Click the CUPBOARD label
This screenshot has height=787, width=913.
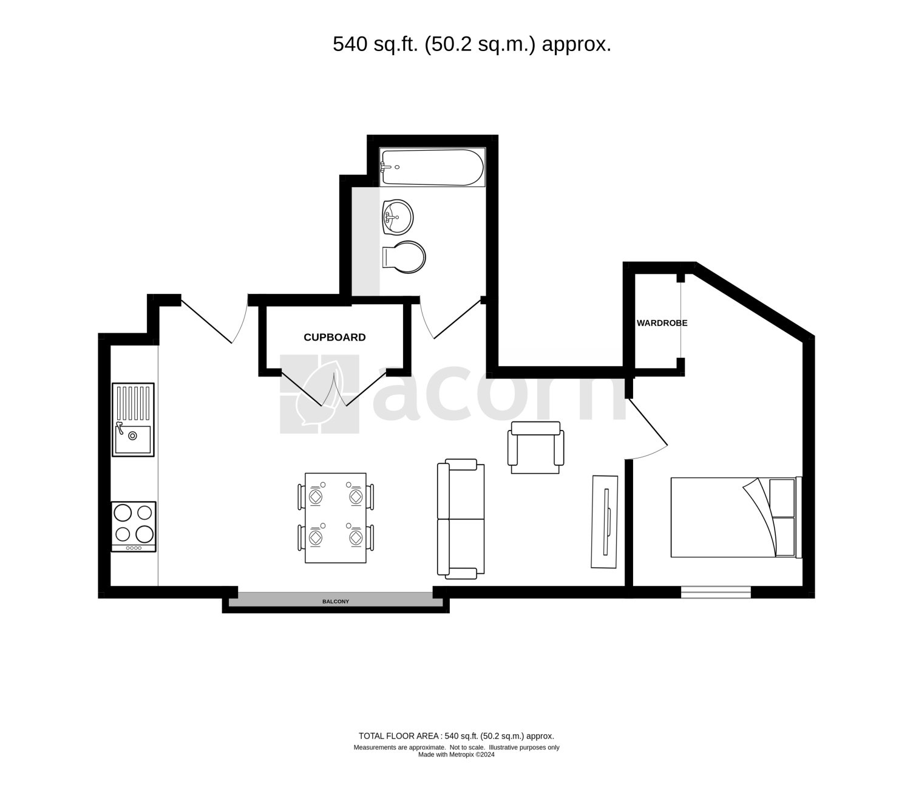click(334, 337)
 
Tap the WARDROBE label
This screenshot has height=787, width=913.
click(662, 323)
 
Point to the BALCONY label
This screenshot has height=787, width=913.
click(336, 601)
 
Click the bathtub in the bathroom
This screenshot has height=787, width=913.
click(432, 167)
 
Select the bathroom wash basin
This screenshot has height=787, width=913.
click(398, 217)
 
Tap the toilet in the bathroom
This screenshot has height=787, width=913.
click(404, 257)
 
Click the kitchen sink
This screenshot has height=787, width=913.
click(133, 420)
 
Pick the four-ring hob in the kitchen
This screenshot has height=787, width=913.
click(134, 526)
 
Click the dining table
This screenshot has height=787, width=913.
click(336, 518)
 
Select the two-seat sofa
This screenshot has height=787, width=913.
click(461, 519)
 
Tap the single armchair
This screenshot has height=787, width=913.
click(535, 448)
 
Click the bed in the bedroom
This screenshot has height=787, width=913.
click(736, 517)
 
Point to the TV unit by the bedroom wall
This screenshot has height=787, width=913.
click(604, 522)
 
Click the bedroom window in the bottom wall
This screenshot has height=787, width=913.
click(716, 592)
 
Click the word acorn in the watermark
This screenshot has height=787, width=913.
click(499, 393)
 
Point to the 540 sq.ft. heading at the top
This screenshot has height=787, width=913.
click(472, 44)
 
